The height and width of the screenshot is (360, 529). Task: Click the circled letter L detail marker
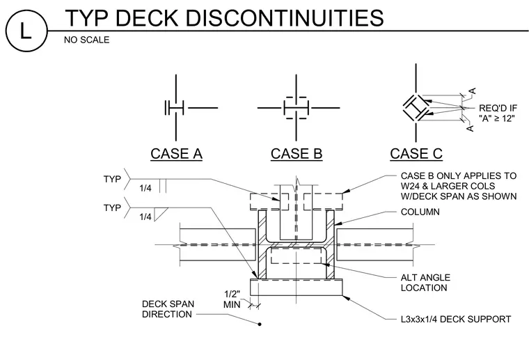pos(26,31)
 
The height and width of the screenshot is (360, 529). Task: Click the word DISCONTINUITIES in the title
pos(285,18)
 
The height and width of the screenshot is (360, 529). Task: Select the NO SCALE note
pos(87,40)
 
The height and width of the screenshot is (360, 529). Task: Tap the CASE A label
pos(176,154)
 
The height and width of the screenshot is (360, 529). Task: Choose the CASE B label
pos(297,154)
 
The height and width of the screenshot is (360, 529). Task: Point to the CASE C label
pos(416,154)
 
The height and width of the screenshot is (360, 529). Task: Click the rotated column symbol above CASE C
pos(416,108)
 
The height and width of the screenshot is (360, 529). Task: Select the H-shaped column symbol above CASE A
pos(174,108)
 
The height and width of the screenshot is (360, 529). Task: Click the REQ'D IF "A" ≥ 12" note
pos(498,114)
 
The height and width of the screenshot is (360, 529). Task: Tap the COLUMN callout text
pos(420,212)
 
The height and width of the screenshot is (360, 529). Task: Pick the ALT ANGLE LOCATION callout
pos(425,283)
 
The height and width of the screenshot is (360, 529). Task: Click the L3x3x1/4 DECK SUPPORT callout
pos(456,319)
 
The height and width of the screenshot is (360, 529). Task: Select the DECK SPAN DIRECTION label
pos(168,309)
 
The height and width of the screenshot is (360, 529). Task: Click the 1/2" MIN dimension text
pos(232,299)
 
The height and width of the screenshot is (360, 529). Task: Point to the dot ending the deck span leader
pos(260,324)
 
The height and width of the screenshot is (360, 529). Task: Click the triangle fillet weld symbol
pos(161,214)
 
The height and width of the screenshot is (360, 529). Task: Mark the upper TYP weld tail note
pos(112,179)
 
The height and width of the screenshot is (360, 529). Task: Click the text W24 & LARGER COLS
pos(448,186)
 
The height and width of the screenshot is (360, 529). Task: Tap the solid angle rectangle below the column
pos(297,288)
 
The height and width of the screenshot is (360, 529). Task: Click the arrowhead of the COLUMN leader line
pos(338,223)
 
